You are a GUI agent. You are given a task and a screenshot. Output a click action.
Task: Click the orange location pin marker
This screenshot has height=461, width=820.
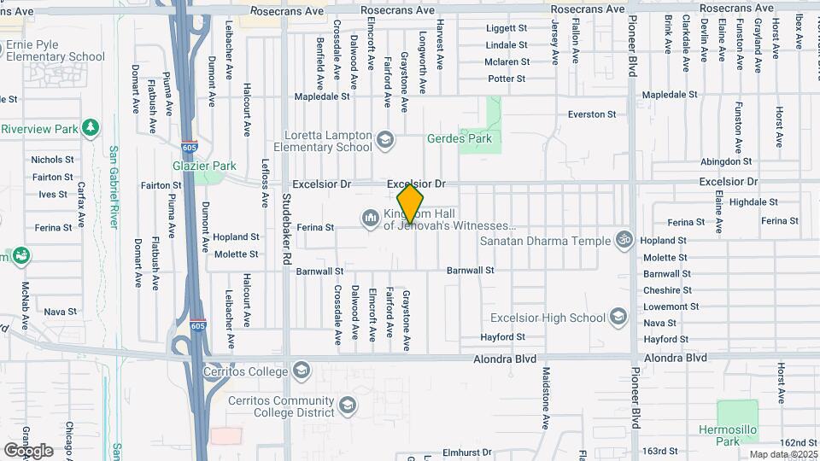[x=411, y=203]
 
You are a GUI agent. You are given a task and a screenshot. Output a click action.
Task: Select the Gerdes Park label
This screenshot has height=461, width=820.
[x=460, y=138]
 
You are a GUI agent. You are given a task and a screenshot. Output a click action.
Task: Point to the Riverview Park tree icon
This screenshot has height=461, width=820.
[x=91, y=128]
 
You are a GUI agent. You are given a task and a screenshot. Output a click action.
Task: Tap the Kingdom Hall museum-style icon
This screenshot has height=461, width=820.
[x=370, y=219]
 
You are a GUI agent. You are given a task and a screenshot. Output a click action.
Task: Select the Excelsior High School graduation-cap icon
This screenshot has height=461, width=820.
[x=620, y=318]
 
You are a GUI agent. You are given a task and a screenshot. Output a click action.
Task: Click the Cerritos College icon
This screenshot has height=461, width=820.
[x=301, y=371]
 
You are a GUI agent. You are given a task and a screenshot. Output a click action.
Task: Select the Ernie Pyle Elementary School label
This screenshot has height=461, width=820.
[x=53, y=50]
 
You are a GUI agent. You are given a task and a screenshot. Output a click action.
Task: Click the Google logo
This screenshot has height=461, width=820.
[x=28, y=450]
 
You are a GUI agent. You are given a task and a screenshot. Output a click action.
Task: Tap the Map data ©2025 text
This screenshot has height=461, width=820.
[x=783, y=454]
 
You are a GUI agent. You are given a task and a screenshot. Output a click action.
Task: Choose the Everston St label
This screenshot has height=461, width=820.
[x=593, y=114]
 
